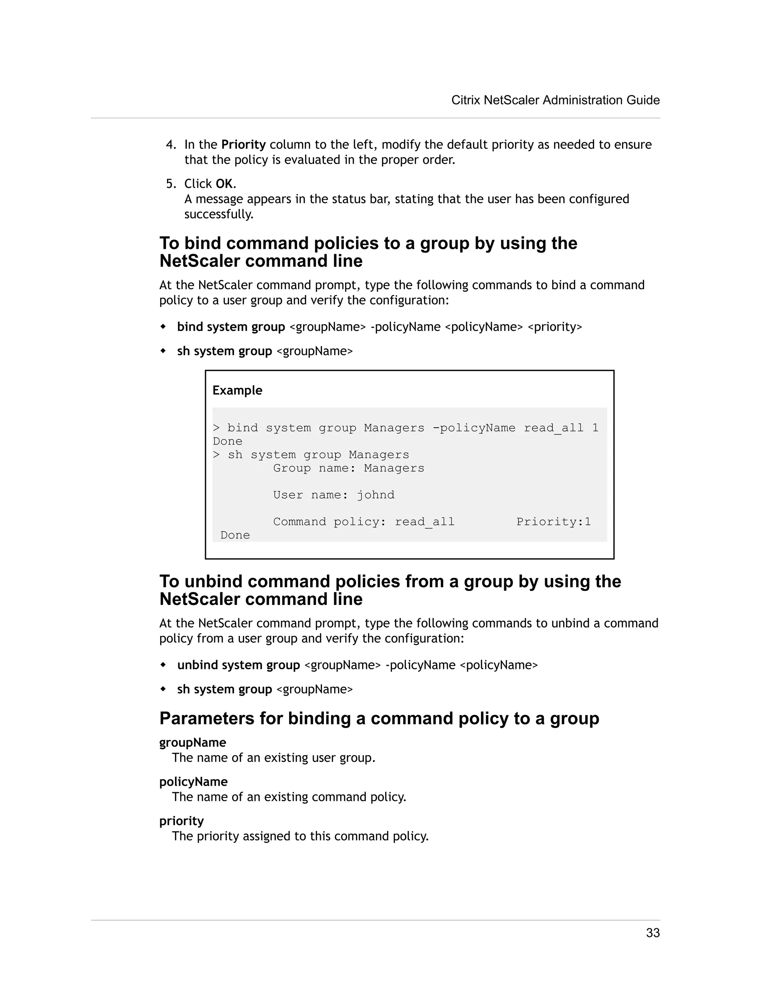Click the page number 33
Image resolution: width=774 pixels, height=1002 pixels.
click(x=652, y=933)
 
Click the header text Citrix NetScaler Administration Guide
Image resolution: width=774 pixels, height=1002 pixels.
click(x=555, y=100)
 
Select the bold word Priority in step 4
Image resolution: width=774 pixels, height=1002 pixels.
click(x=243, y=144)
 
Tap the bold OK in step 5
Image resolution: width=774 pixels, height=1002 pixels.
click(x=224, y=184)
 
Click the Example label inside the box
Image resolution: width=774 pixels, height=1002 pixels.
click(x=237, y=391)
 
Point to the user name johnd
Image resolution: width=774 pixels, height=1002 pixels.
click(x=376, y=495)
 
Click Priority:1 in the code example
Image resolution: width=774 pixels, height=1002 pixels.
click(x=553, y=522)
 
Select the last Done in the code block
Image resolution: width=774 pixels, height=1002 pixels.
click(x=235, y=535)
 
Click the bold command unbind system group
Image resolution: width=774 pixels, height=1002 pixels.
click(x=238, y=665)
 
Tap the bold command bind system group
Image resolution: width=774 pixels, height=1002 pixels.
click(x=231, y=327)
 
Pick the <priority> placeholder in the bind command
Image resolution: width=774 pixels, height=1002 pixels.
click(x=555, y=327)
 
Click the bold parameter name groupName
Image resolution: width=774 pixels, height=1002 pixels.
click(x=193, y=742)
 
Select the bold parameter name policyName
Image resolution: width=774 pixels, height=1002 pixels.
click(x=193, y=782)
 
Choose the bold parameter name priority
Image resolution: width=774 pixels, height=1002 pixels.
click(x=181, y=821)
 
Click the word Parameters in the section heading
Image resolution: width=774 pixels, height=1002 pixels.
click(x=206, y=718)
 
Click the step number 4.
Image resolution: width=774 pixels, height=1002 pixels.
click(x=170, y=144)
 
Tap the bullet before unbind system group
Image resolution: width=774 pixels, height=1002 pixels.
click(x=163, y=664)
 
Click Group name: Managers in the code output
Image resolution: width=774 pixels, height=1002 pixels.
click(x=348, y=468)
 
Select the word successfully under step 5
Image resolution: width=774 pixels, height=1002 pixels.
click(x=219, y=214)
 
